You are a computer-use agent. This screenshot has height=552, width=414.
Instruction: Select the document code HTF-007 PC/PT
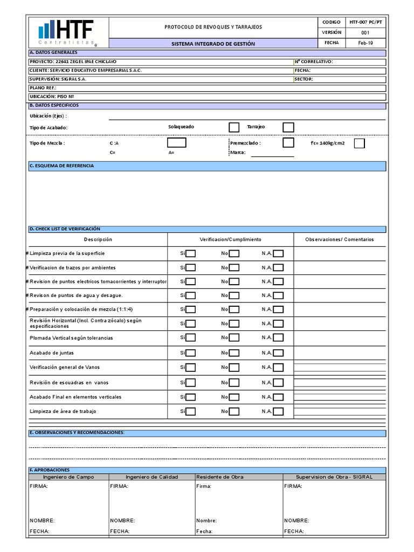pos(365,22)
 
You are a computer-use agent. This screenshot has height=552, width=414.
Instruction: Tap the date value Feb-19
pos(365,43)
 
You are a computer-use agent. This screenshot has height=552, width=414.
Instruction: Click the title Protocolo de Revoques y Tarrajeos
pos(213,27)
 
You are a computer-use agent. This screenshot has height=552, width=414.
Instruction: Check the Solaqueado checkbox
pos(234,127)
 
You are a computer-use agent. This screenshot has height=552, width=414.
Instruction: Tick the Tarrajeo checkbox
pos(288,127)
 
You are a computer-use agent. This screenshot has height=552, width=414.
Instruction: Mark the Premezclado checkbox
pos(288,143)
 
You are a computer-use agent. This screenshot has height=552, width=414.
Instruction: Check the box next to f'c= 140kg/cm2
pos(359,143)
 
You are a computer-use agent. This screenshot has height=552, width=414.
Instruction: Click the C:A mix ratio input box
pos(176,143)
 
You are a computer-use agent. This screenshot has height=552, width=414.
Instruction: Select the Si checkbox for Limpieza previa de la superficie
pos(191,253)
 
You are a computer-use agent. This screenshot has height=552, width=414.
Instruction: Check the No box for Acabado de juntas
pos(234,353)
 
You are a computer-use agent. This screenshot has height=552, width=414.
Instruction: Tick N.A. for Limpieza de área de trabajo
pos(278,412)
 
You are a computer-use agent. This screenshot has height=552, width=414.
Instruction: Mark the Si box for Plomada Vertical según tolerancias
pos(191,338)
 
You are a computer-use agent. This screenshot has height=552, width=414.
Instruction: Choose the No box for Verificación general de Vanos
pos(234,368)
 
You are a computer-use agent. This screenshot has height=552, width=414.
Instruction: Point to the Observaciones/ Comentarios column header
pos(339,239)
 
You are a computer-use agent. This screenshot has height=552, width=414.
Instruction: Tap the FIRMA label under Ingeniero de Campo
pos(39,486)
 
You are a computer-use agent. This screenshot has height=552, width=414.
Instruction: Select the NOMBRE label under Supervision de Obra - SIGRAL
pos(296,521)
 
